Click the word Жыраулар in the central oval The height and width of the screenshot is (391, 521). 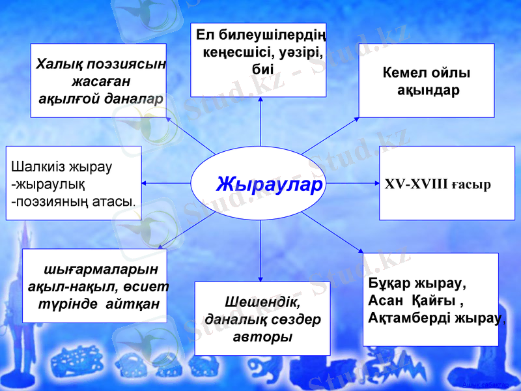coord(269,184)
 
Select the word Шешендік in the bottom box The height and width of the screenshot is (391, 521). coord(263,303)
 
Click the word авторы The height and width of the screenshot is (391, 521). coord(262,338)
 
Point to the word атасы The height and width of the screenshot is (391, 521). coord(115,199)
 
